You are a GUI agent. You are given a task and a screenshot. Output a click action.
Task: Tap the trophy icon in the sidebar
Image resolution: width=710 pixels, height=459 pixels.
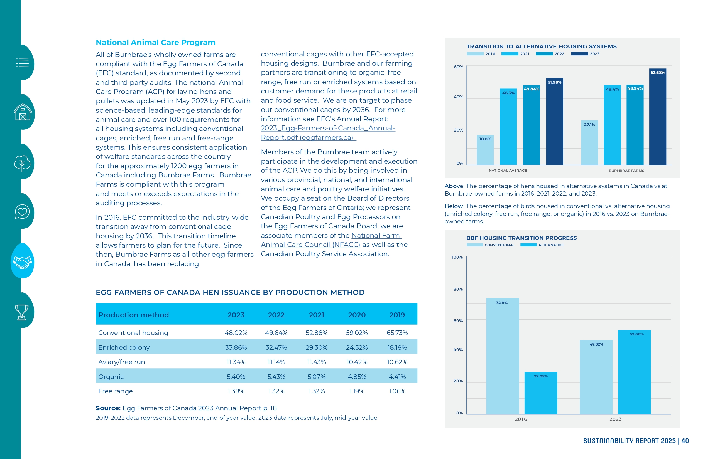22,312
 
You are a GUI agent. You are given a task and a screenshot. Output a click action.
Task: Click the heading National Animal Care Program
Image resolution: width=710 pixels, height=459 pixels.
155,42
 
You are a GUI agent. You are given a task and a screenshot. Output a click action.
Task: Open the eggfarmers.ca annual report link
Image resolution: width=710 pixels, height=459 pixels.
328,133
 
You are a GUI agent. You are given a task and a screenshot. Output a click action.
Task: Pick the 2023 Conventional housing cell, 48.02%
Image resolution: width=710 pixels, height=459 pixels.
236,333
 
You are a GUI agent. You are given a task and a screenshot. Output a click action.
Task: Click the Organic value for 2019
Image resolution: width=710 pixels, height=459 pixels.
397,376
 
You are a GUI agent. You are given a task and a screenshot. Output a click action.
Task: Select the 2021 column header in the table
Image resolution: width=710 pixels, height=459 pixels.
317,315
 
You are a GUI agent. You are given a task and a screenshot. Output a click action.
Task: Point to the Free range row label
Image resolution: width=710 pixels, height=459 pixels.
116,391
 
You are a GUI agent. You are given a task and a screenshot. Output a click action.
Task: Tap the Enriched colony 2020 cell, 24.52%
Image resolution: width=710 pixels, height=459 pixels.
357,347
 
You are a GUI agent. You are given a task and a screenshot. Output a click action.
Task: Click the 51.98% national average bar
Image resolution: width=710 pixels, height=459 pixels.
555,121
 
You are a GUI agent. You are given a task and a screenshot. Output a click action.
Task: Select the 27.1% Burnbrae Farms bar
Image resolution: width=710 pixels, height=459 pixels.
589,142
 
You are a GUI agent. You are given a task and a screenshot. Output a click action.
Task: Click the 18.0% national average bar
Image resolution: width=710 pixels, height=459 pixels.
485,150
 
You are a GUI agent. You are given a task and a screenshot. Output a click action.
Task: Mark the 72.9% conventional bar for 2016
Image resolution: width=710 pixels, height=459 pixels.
503,356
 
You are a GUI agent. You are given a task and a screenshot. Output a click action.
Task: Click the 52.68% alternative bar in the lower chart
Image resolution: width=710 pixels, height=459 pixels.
635,372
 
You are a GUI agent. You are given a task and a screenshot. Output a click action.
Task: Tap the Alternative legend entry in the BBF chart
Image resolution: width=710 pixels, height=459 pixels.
542,245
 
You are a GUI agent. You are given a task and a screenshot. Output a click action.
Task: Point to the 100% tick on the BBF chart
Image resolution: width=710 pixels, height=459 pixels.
457,257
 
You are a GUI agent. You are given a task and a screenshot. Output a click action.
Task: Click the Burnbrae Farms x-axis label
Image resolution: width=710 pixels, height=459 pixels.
626,171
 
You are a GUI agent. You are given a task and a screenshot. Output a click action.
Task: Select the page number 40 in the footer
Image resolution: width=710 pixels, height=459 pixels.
685,441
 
